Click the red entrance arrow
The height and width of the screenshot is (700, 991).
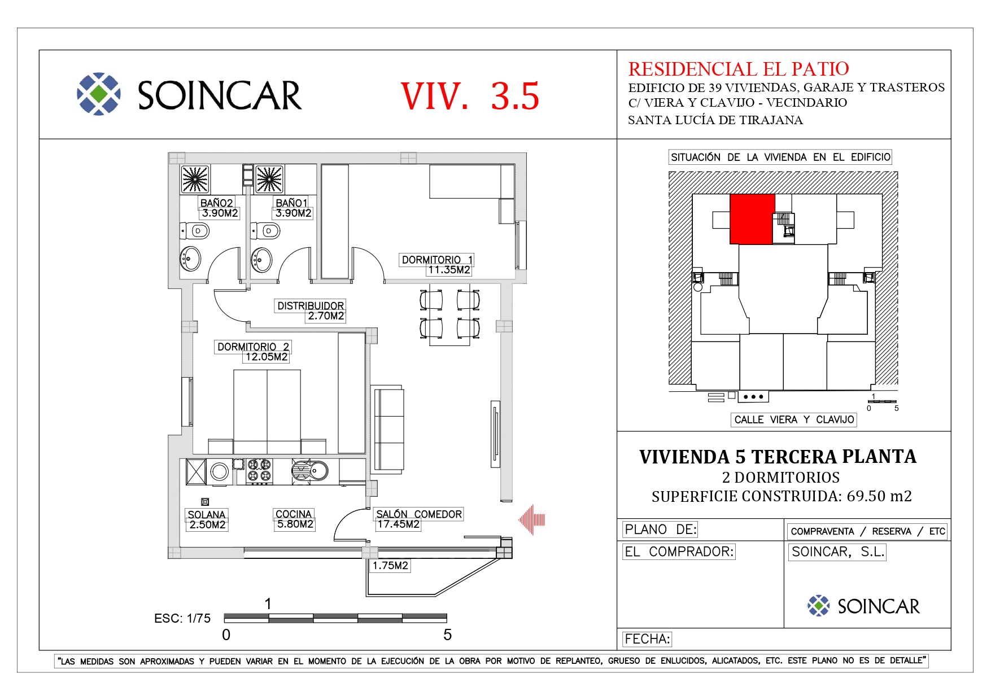[x=532, y=520]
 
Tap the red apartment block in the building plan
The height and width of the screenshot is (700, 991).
[x=752, y=219]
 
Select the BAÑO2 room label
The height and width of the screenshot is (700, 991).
[x=217, y=203]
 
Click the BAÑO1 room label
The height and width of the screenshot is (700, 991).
[x=292, y=203]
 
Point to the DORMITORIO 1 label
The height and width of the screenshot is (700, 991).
[x=437, y=260]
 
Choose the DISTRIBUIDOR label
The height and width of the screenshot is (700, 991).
[x=311, y=305]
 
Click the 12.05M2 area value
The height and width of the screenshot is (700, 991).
[x=267, y=357]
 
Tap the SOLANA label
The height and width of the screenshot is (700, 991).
[x=207, y=514]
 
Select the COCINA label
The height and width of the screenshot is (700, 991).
[x=294, y=514]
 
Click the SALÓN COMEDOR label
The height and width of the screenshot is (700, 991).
[x=419, y=514]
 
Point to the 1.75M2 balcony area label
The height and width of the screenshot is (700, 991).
[x=390, y=566]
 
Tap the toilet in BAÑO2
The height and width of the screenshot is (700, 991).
[x=195, y=230]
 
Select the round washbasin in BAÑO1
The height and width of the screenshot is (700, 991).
[x=261, y=260]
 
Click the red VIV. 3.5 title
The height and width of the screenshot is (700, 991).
[x=470, y=96]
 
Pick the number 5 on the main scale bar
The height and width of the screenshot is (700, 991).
[x=447, y=635]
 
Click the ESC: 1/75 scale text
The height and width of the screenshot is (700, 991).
[x=182, y=619]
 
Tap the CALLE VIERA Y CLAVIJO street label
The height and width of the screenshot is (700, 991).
[x=794, y=419]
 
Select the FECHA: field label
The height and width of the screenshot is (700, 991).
[x=647, y=639]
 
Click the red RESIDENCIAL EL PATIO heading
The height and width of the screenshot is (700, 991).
[x=739, y=69]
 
